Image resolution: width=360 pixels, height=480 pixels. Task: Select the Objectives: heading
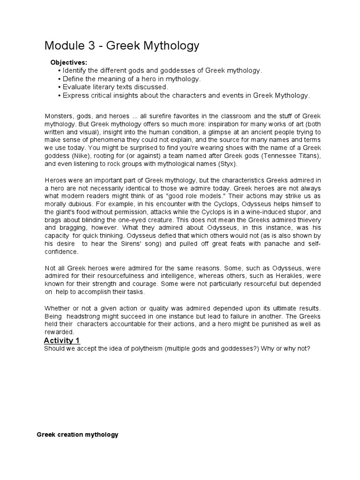[x=68, y=62]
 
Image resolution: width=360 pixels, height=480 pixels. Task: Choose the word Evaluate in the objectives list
[x=76, y=87]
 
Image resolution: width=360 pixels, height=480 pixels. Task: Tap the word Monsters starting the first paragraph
[x=60, y=116]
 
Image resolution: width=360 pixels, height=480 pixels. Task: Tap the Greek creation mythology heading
[x=77, y=435]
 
